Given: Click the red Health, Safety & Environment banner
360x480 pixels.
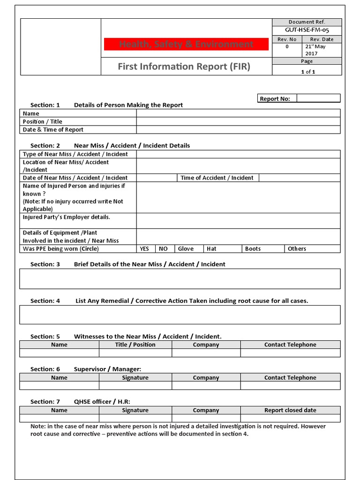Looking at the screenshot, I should [186, 44].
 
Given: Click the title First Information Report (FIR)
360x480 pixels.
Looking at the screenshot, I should [184, 67].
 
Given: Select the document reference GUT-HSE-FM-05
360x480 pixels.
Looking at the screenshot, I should [307, 30].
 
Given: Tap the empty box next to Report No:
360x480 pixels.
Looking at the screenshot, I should [318, 98].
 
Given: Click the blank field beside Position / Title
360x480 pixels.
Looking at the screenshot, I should [238, 121].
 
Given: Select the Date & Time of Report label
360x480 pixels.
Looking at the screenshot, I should [53, 129].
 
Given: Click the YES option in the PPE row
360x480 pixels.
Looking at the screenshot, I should [144, 248].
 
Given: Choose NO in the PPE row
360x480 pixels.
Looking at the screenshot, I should [163, 248].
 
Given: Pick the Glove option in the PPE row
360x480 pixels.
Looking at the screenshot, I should [186, 248].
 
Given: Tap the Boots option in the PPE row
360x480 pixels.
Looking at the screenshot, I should [253, 248].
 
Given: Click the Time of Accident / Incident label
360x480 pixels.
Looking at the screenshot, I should [217, 178].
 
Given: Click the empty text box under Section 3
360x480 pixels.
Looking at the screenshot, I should [180, 278].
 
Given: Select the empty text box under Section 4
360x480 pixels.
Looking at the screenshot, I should [180, 315].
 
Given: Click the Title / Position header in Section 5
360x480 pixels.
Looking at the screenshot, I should [135, 345].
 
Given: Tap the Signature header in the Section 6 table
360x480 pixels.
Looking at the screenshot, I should [135, 377].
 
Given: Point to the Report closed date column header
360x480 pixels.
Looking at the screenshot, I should [290, 410].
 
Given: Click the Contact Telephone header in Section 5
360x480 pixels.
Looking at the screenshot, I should [290, 345].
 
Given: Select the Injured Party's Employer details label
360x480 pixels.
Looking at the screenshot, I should [67, 217].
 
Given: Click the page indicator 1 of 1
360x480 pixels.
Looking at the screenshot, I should [307, 72].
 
